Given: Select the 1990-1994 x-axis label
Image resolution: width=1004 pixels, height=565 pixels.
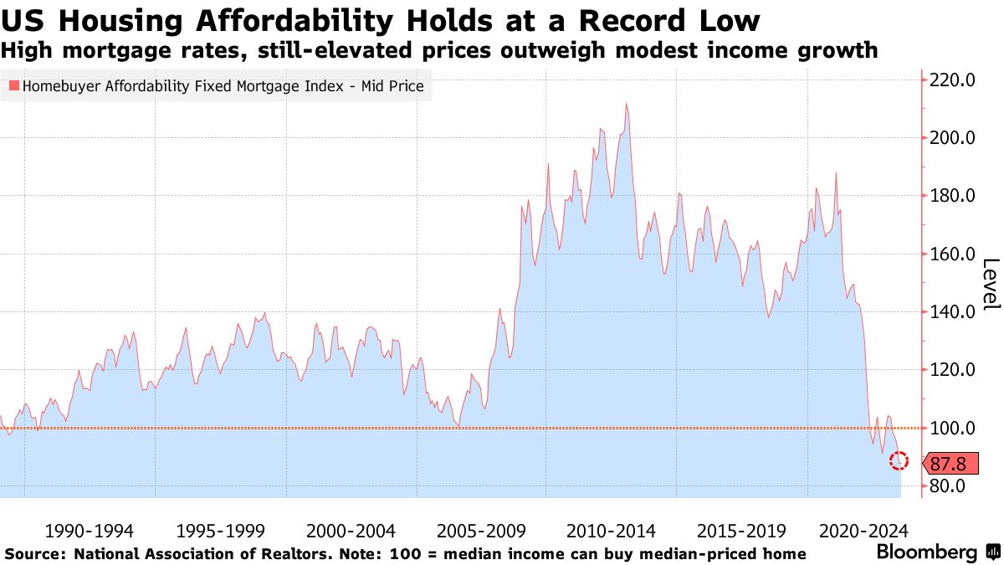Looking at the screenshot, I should click(89, 531).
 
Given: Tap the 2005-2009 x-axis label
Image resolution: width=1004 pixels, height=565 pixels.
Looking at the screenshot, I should click(481, 531).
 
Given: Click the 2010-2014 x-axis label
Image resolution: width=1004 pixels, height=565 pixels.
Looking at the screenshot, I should click(612, 531).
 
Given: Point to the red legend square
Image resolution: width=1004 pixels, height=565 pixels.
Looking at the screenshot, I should click(13, 85).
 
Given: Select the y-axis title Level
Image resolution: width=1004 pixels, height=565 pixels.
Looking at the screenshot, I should click(991, 285).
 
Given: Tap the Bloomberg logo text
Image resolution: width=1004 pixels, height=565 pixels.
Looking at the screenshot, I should click(926, 552).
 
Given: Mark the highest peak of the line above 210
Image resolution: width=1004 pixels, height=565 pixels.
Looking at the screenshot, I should click(626, 104).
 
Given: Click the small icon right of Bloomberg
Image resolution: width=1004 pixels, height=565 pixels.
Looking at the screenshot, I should click(993, 552).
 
